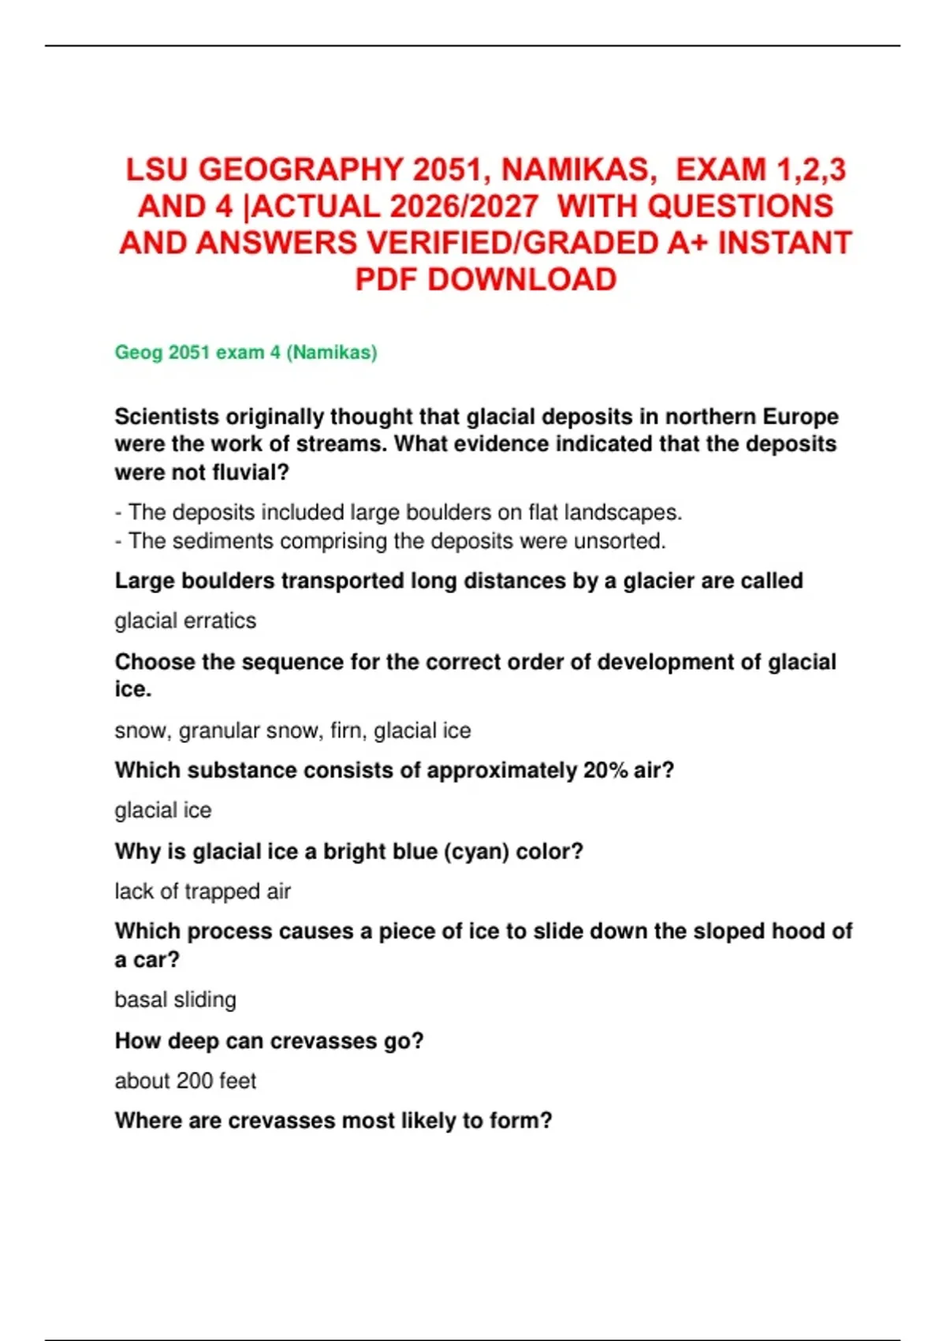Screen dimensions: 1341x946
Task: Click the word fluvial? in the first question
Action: point(247,473)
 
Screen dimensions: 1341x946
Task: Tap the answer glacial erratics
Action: point(185,621)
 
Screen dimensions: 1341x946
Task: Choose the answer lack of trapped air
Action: point(203,891)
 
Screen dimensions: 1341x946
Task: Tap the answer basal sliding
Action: point(175,999)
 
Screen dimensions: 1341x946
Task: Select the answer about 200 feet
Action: point(185,1081)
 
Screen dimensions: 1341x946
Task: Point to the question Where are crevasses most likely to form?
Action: point(333,1121)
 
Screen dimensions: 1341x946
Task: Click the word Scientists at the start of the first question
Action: point(166,416)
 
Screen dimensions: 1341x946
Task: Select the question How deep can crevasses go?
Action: point(269,1041)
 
